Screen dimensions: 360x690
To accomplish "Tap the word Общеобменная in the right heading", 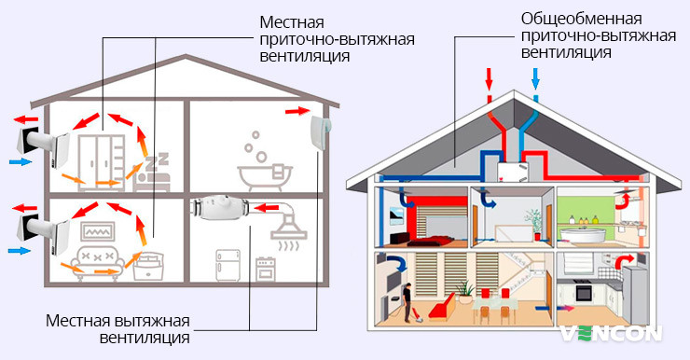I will click(568, 19).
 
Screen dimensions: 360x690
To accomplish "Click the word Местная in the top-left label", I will click(289, 20).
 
